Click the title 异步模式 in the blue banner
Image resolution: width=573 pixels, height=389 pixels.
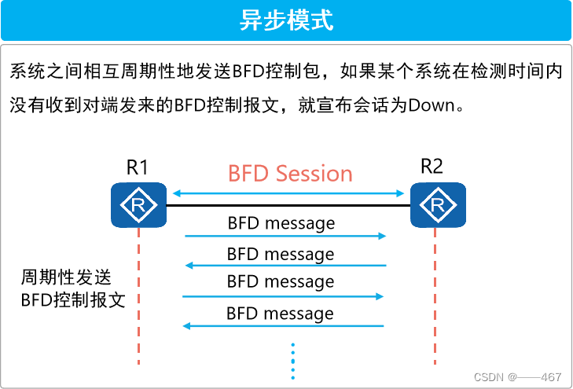tap(286, 20)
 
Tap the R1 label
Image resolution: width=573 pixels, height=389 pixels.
tap(138, 167)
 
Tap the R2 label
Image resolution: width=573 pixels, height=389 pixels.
tap(432, 166)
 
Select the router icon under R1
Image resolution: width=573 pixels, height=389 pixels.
tap(138, 205)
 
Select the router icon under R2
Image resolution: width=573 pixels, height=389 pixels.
tap(439, 205)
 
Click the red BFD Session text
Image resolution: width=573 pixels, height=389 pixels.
tap(290, 173)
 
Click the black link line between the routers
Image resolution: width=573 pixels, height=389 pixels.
tap(288, 206)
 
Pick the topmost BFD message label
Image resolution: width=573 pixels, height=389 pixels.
tap(281, 223)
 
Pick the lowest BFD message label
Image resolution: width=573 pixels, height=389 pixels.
tap(280, 314)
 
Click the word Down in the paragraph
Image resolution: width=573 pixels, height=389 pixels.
tap(432, 105)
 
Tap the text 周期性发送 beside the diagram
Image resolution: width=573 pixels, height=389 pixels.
tap(66, 277)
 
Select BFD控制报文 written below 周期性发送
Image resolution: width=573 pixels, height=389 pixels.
tap(73, 299)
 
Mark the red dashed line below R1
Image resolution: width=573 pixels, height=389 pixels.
tap(138, 299)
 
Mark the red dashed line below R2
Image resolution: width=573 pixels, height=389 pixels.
tap(434, 299)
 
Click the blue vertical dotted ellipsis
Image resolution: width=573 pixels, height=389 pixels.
tap(292, 360)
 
